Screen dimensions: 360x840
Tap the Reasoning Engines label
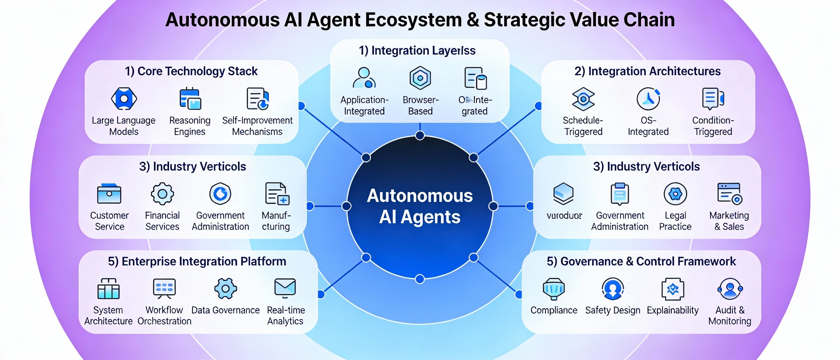click(x=190, y=126)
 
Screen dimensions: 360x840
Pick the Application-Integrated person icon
click(x=364, y=78)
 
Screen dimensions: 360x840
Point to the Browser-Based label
click(x=420, y=105)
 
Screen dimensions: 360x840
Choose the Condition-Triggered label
click(x=713, y=126)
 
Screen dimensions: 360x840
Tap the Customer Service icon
click(x=109, y=193)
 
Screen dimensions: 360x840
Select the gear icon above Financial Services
click(x=162, y=193)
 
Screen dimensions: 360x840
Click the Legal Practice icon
click(x=675, y=194)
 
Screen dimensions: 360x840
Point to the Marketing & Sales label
click(x=729, y=221)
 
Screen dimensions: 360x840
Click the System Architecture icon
click(x=108, y=288)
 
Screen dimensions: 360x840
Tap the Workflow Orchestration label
click(x=164, y=315)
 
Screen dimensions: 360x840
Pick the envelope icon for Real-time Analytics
click(x=285, y=288)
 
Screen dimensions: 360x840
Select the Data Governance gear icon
click(x=225, y=288)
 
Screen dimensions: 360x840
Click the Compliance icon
click(x=554, y=288)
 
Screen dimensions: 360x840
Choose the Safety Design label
click(x=612, y=310)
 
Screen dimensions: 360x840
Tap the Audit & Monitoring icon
click(x=730, y=288)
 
